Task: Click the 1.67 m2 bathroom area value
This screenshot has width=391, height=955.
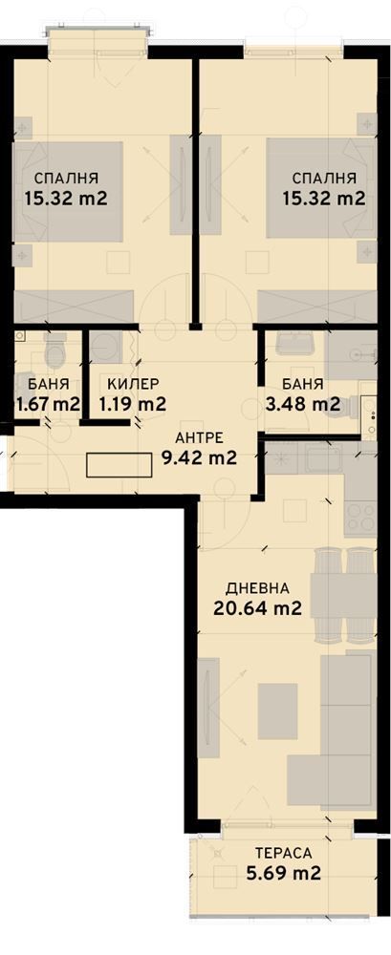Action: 48,404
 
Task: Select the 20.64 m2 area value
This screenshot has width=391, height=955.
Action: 257,607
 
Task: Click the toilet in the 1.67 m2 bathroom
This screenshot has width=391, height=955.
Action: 54,353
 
